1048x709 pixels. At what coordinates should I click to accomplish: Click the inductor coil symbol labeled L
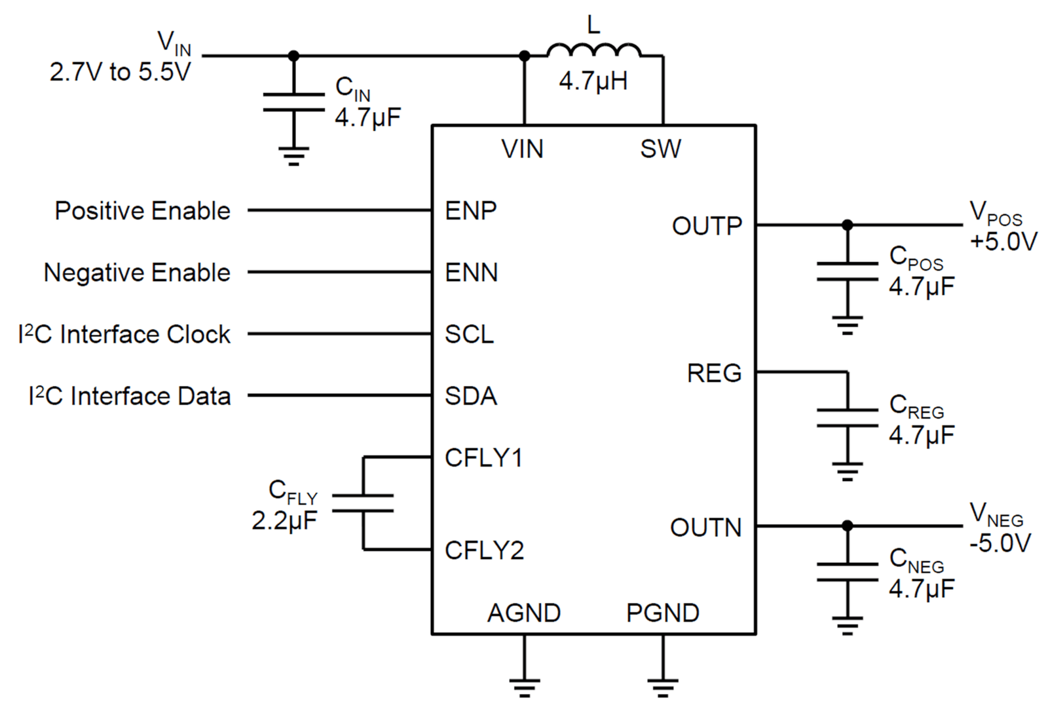tap(593, 49)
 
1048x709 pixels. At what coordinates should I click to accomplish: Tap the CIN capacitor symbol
tap(294, 102)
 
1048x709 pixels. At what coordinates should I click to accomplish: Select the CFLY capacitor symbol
tap(363, 503)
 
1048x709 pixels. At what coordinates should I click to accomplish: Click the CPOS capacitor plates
tap(848, 271)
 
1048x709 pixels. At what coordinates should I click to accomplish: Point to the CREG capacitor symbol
tap(848, 418)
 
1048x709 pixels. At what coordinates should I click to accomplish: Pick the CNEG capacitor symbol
tap(848, 572)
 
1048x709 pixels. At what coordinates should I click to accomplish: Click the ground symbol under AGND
tap(525, 687)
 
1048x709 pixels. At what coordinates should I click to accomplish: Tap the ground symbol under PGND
tap(663, 687)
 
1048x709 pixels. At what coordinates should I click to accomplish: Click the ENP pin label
tap(471, 210)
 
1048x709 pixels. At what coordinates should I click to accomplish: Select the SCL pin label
tap(469, 334)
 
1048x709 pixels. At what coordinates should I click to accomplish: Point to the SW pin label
tap(661, 149)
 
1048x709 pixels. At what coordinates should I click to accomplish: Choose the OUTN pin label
tap(706, 527)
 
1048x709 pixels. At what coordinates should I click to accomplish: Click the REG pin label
tap(715, 373)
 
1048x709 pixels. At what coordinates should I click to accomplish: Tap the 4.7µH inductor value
tap(593, 81)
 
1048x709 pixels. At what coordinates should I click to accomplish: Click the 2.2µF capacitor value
tap(284, 520)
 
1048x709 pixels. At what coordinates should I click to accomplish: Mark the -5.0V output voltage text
tap(1000, 543)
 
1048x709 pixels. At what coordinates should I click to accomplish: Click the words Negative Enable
tap(137, 273)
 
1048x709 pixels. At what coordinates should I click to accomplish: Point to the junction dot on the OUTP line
tap(848, 225)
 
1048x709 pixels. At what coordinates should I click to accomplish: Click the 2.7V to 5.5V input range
tap(121, 72)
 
